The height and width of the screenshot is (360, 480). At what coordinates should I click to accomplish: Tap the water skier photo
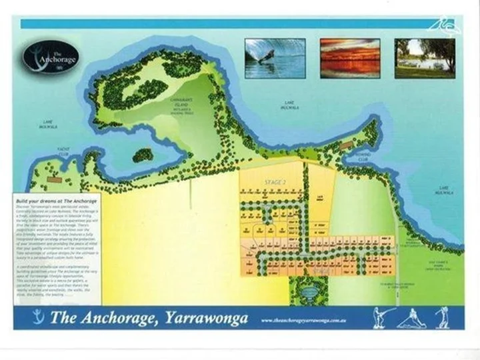[x=275, y=59]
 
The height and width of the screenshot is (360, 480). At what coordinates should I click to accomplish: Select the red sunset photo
[x=350, y=59]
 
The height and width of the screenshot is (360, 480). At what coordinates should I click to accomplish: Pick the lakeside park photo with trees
[x=425, y=59]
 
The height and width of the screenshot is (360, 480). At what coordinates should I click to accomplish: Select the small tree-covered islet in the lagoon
[x=143, y=156]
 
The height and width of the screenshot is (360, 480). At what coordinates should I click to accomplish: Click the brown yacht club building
[x=55, y=179]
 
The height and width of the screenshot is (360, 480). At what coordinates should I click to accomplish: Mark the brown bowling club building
[x=346, y=145]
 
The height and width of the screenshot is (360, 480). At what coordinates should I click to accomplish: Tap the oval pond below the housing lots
[x=307, y=291]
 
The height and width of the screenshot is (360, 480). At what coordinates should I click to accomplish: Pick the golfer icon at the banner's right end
[x=441, y=317]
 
